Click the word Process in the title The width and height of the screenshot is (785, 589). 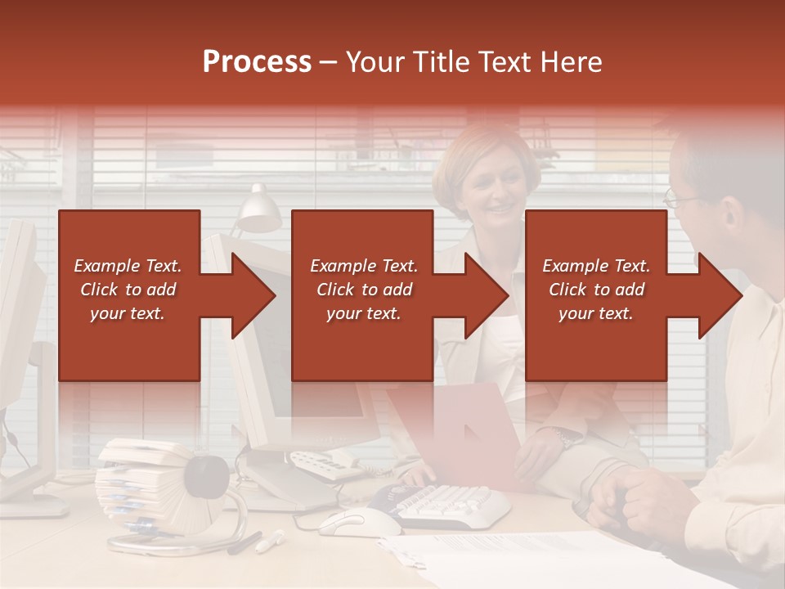click(x=257, y=61)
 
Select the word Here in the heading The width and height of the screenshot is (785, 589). click(x=572, y=61)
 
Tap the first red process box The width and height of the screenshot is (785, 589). click(x=129, y=294)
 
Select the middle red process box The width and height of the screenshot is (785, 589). click(x=362, y=294)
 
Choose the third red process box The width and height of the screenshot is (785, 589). click(x=595, y=294)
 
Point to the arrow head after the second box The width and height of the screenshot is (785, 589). click(x=486, y=295)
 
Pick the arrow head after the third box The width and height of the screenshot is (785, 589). click(x=720, y=295)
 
